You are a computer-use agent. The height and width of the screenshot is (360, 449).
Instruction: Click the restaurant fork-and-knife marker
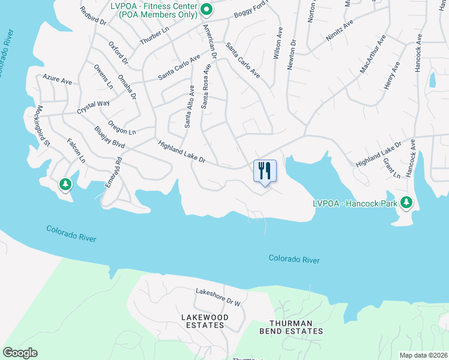264,172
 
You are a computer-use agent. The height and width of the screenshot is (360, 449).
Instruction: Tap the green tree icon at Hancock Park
407,202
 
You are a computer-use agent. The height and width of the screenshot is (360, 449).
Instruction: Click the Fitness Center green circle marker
206,8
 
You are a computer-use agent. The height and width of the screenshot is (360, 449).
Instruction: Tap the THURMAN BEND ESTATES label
291,326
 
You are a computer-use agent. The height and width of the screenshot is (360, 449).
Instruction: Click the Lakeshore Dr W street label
217,298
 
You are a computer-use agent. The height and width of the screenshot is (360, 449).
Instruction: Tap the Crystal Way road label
93,107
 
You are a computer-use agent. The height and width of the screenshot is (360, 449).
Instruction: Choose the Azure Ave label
57,79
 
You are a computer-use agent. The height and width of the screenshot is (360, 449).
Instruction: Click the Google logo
20,353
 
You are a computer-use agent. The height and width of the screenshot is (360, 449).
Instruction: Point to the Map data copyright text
424,355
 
